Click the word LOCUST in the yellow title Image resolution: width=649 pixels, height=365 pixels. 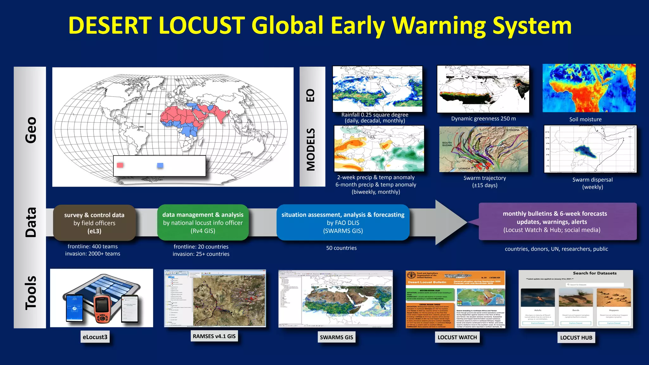pyautogui.click(x=202, y=25)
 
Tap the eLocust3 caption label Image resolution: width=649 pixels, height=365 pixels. pyautogui.click(x=95, y=337)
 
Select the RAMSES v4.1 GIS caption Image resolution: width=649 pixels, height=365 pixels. pyautogui.click(x=214, y=336)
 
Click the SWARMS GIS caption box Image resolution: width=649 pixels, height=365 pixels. pyautogui.click(x=336, y=337)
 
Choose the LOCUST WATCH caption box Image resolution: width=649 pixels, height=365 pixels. pyautogui.click(x=457, y=337)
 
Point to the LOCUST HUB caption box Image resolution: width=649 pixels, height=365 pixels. pyautogui.click(x=576, y=338)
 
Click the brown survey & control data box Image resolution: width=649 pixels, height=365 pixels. pyautogui.click(x=94, y=223)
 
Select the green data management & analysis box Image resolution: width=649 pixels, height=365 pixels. pyautogui.click(x=203, y=223)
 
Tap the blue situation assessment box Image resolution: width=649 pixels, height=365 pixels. pyautogui.click(x=343, y=223)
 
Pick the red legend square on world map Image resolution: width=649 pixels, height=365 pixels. pyautogui.click(x=120, y=165)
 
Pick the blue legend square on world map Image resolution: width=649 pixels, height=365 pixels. pyautogui.click(x=160, y=165)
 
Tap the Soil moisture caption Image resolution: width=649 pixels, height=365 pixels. pyautogui.click(x=585, y=119)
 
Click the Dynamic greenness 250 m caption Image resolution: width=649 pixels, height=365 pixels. pyautogui.click(x=483, y=118)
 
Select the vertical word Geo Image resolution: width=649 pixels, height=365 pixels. pyautogui.click(x=31, y=130)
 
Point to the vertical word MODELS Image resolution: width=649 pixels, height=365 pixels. pyautogui.click(x=311, y=150)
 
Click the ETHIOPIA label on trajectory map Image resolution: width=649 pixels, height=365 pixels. pyautogui.click(x=513, y=130)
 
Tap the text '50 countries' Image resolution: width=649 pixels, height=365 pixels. pyautogui.click(x=341, y=248)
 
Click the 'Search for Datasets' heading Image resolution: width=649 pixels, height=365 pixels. pyautogui.click(x=594, y=273)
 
